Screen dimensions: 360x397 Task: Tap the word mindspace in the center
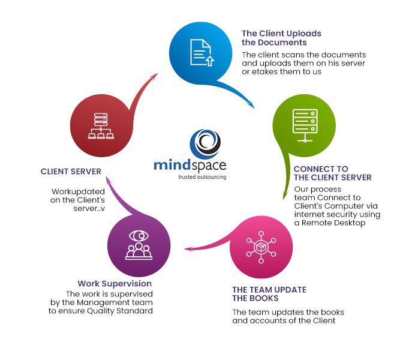(x=200, y=166)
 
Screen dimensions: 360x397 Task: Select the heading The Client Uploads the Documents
(x=281, y=38)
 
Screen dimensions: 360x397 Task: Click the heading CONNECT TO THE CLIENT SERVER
(x=332, y=173)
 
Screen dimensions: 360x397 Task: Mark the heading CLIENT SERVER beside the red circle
(x=70, y=171)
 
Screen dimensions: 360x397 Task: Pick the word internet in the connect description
(x=311, y=214)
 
